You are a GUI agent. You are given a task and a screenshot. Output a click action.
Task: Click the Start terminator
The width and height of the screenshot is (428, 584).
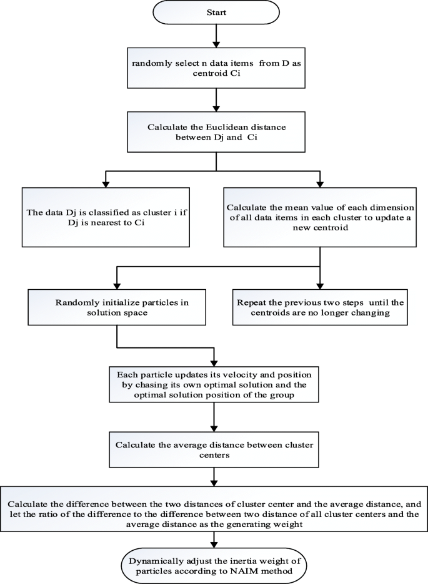[x=214, y=12]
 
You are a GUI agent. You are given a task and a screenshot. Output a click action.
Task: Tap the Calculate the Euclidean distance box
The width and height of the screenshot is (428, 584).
[x=214, y=131]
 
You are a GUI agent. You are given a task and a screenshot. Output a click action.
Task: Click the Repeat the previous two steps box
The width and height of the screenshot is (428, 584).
[x=321, y=306]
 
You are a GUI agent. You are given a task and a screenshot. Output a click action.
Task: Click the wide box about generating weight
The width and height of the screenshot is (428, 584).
[x=214, y=511]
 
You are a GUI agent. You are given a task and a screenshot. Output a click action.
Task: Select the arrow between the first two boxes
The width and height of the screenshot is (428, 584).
[x=214, y=97]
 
